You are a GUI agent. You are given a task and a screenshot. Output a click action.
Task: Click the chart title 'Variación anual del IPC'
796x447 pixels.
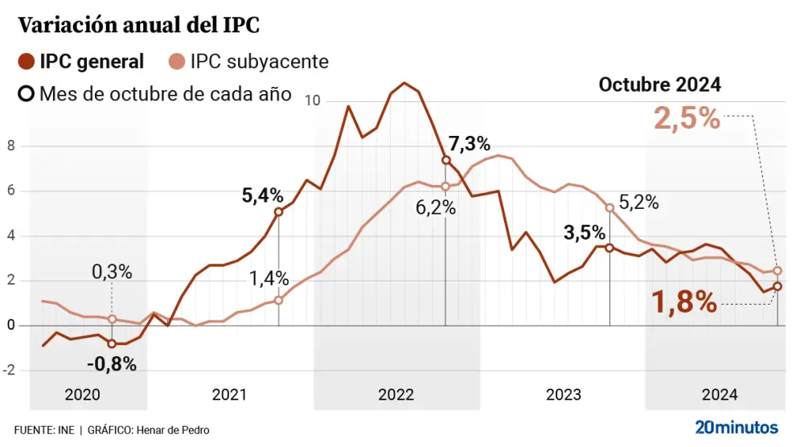[x=139, y=25]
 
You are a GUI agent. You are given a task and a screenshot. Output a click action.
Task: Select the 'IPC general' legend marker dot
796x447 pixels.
[x=27, y=61]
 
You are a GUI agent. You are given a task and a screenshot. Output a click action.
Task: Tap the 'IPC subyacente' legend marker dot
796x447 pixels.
[x=176, y=61]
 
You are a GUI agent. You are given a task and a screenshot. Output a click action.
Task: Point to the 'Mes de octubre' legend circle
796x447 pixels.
[x=27, y=93]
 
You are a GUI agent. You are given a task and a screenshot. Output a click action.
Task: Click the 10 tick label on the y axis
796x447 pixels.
[x=313, y=101]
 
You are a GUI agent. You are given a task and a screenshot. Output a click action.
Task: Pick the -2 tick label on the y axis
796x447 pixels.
[x=10, y=371]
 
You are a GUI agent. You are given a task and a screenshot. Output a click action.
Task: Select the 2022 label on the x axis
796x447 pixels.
[x=396, y=395]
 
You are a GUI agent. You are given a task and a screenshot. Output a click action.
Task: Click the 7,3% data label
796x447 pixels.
[x=469, y=144]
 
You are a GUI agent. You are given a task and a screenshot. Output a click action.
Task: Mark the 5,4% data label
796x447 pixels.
[x=263, y=195]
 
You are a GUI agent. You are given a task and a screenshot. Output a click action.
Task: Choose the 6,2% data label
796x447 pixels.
[x=436, y=207]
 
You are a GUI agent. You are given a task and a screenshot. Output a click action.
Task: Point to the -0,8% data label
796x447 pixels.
[x=112, y=364]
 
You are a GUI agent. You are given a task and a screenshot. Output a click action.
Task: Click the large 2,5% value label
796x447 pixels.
[x=687, y=119]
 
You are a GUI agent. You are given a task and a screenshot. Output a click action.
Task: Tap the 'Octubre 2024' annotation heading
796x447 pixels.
[x=659, y=84]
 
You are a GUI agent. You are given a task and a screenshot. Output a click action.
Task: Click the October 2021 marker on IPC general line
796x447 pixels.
[x=279, y=212]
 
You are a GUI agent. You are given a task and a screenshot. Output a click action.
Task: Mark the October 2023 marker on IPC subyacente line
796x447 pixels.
[x=609, y=207]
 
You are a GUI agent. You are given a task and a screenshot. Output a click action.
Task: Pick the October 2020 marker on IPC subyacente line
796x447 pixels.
[x=112, y=319]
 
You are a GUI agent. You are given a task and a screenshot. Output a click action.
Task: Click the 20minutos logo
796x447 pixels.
[x=737, y=427]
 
